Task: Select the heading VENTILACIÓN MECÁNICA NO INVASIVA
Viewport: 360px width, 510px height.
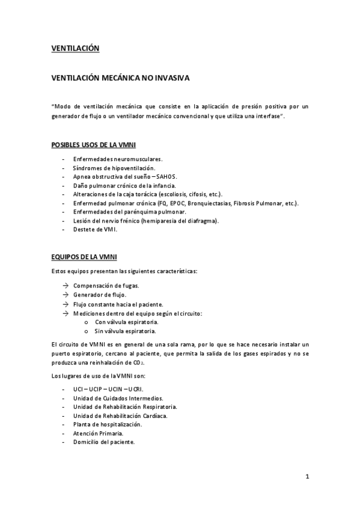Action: tap(120, 78)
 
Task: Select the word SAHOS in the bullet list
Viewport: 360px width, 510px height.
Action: tap(166, 177)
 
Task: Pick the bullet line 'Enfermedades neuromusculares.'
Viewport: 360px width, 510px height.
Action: tap(118, 159)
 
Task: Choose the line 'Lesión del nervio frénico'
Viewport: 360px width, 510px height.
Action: tap(145, 221)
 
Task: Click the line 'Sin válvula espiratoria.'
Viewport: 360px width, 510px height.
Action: tap(126, 331)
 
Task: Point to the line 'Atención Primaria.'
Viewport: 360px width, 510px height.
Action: tap(98, 433)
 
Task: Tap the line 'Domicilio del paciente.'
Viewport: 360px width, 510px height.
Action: tap(104, 442)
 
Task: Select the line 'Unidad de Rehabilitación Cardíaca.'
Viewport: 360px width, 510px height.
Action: tap(120, 416)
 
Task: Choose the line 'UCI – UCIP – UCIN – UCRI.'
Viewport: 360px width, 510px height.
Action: tap(108, 389)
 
